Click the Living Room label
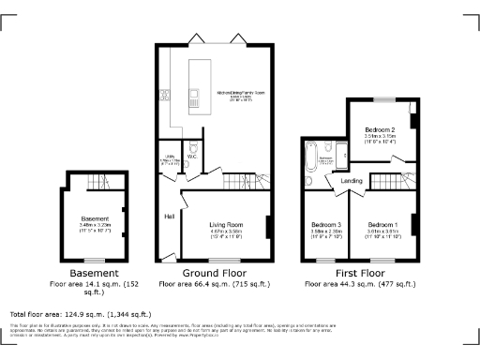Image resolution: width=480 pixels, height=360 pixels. coord(226,225)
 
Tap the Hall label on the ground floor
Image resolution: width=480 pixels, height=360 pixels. coord(170,217)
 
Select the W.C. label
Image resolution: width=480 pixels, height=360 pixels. coord(191,157)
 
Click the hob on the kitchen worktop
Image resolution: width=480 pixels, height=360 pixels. coord(164,94)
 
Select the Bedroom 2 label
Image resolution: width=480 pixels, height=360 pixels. coord(379,129)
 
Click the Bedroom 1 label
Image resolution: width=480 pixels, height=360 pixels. coord(382,225)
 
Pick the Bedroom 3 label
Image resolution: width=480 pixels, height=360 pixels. coord(325,225)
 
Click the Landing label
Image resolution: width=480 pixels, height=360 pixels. coord(352,180)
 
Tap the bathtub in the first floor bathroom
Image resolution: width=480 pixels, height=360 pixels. coord(310,159)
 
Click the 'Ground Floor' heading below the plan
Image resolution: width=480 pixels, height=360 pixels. coord(216,271)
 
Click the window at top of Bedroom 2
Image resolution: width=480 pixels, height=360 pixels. coord(382,98)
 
